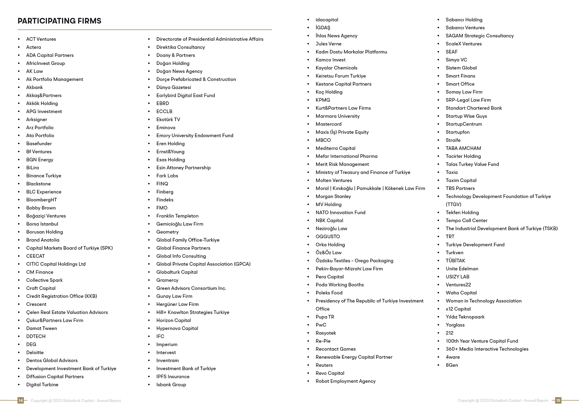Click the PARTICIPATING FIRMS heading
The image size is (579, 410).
(59, 21)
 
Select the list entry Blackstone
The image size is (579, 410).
(38, 184)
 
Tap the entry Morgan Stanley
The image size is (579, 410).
(333, 196)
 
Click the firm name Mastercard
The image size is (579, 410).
(328, 124)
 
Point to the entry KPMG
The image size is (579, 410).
(323, 100)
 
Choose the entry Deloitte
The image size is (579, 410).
(35, 352)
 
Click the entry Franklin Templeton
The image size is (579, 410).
(177, 216)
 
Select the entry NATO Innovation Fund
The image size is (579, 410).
(340, 213)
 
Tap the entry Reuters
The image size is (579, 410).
(324, 365)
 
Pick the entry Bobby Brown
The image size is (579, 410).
(41, 208)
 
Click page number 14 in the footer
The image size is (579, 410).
(21, 401)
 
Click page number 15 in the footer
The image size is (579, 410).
(558, 401)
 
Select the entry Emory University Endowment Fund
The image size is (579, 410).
(195, 136)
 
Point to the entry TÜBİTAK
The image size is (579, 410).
(455, 261)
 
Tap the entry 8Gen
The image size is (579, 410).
(452, 365)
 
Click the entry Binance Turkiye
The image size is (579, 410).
(43, 176)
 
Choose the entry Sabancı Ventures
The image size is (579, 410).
(465, 28)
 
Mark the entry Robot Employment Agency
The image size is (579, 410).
(346, 381)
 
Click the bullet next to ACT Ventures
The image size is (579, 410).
(19, 39)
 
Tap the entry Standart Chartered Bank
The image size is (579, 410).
(474, 108)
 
